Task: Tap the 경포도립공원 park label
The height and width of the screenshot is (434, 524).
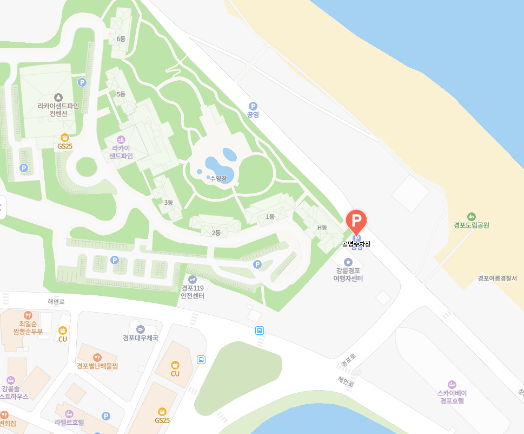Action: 471,225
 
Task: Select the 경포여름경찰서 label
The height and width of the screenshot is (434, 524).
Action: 497,278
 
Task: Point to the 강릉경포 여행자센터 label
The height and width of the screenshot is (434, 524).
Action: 348,274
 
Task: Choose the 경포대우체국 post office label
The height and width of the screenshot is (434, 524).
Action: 140,338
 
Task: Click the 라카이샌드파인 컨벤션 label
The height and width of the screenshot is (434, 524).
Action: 58,109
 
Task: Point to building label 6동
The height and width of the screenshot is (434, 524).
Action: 121,39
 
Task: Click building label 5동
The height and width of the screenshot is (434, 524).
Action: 121,94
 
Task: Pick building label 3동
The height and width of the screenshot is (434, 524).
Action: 168,203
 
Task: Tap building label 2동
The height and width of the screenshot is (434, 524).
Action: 216,233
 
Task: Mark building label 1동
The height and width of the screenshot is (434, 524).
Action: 270,217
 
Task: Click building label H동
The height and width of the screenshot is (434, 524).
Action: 322,227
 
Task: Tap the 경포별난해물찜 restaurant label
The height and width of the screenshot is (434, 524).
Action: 97,366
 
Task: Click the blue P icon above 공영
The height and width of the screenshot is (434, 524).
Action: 253,106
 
